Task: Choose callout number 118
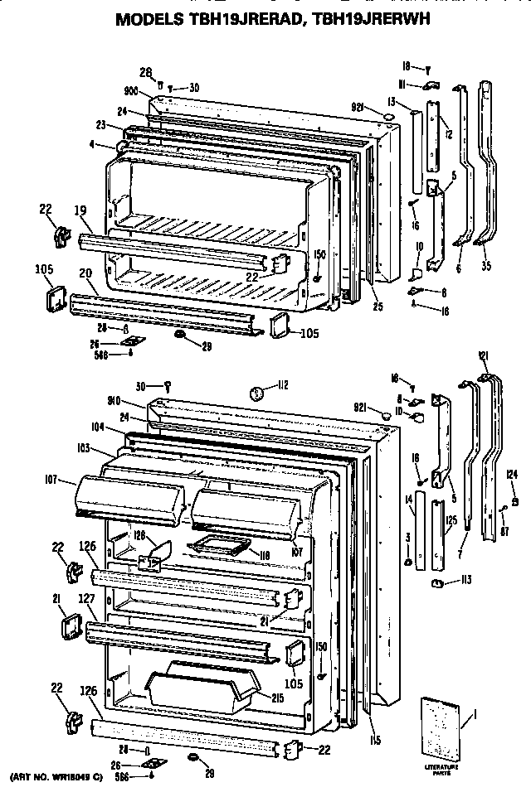click(x=265, y=556)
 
